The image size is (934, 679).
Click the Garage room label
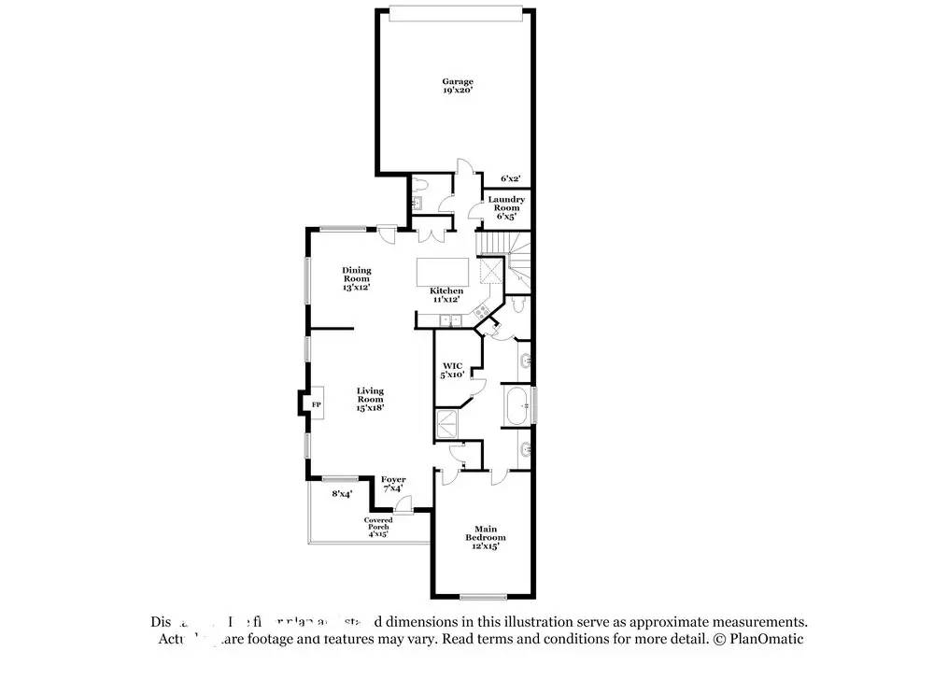[458, 86]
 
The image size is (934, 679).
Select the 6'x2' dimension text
[510, 178]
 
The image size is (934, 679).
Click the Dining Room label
[356, 279]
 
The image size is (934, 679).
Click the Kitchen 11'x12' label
[446, 295]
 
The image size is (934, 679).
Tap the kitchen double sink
[450, 321]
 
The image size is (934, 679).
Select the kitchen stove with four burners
[482, 313]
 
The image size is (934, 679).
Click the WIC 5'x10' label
[453, 370]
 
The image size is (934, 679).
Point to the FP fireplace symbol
[316, 404]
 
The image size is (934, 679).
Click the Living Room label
[370, 399]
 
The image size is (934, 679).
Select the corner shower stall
[450, 423]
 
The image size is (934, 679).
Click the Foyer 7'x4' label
[392, 484]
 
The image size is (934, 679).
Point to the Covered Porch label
[378, 527]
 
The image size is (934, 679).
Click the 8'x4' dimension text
[342, 494]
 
